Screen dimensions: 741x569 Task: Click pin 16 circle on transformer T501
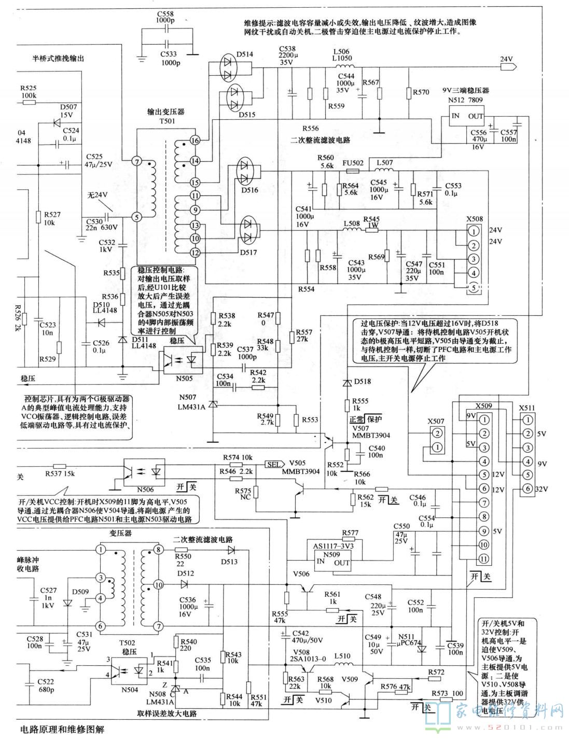click(x=195, y=141)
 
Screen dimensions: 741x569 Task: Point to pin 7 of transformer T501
click(x=136, y=162)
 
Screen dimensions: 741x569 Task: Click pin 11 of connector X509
click(x=484, y=558)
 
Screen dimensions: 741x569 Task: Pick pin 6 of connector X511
click(x=528, y=488)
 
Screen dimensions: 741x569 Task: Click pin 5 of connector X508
click(x=473, y=287)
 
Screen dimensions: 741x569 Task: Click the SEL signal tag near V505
click(x=273, y=464)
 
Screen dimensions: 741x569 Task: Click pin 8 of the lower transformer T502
click(x=159, y=549)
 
